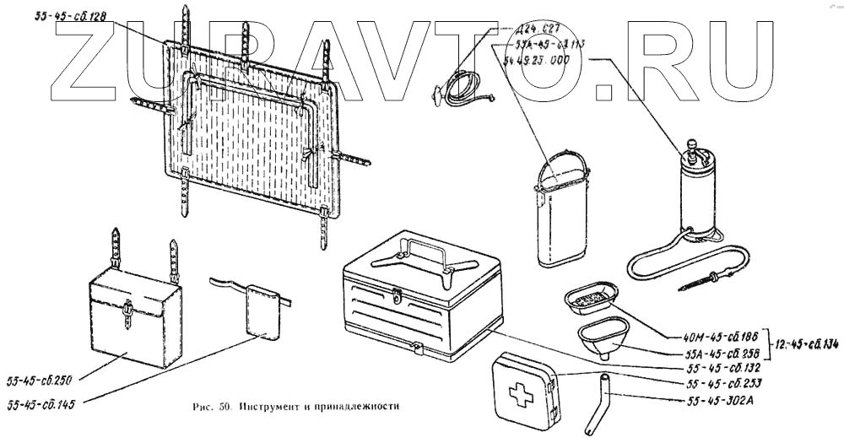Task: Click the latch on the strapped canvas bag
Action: pos(127,313)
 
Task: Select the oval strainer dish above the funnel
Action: pos(591,296)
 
